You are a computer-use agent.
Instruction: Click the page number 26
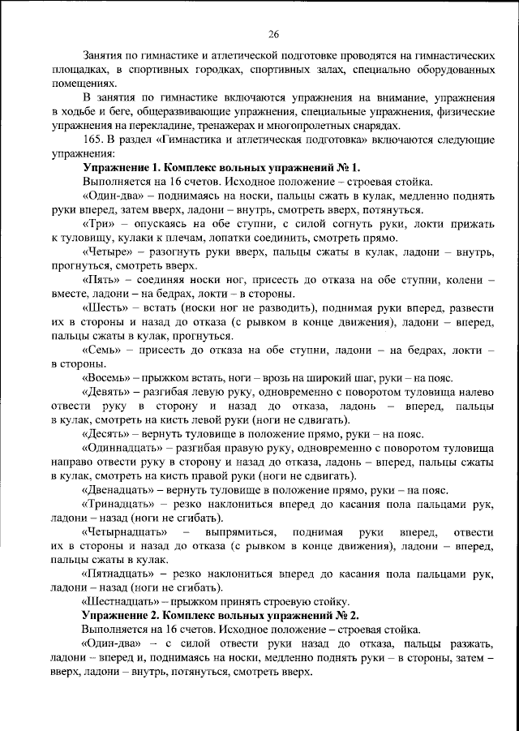coord(273,33)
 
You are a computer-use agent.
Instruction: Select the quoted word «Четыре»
coord(107,252)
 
